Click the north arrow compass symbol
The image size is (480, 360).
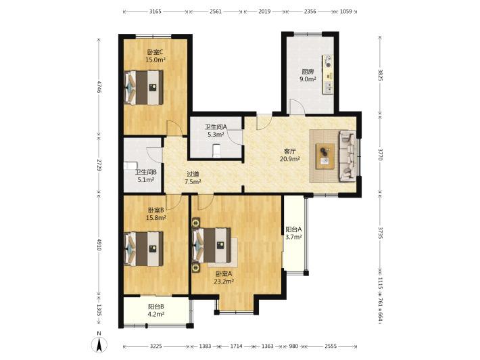click(x=99, y=344)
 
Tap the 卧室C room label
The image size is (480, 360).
click(x=155, y=52)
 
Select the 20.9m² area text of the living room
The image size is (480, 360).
click(x=289, y=159)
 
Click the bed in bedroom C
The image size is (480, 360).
click(x=143, y=87)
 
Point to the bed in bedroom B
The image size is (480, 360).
click(x=143, y=248)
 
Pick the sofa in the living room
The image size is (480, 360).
click(x=347, y=156)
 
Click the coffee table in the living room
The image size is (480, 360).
click(x=325, y=156)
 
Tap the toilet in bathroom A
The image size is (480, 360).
click(x=217, y=151)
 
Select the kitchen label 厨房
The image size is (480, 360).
click(x=308, y=72)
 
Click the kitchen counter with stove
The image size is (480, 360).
click(x=328, y=74)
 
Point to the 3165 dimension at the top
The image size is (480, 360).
click(x=155, y=12)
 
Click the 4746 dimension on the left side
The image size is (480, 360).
click(x=99, y=87)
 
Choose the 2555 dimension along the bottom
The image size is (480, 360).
click(x=331, y=346)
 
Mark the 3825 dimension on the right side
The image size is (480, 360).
click(x=380, y=75)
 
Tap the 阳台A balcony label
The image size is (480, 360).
click(x=293, y=229)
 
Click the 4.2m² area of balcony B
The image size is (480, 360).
click(x=156, y=314)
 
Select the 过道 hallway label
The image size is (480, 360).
click(x=193, y=175)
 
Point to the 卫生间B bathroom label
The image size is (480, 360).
click(x=146, y=173)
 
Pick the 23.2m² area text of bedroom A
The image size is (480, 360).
click(x=224, y=282)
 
